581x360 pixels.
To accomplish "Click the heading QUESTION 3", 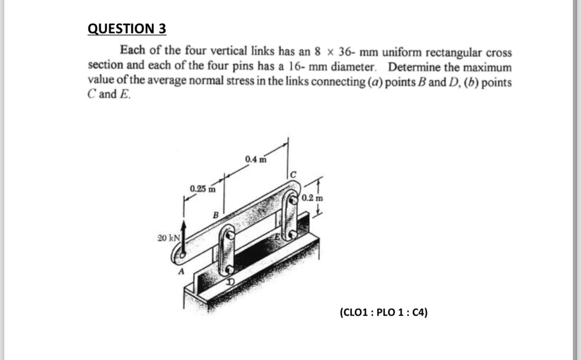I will pos(127,29).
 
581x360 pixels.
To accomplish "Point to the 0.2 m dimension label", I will pos(313,198).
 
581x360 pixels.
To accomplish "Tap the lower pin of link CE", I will pos(293,234).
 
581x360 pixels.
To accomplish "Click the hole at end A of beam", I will pos(181,255).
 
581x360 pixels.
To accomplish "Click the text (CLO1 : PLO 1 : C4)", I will pos(383,312).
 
